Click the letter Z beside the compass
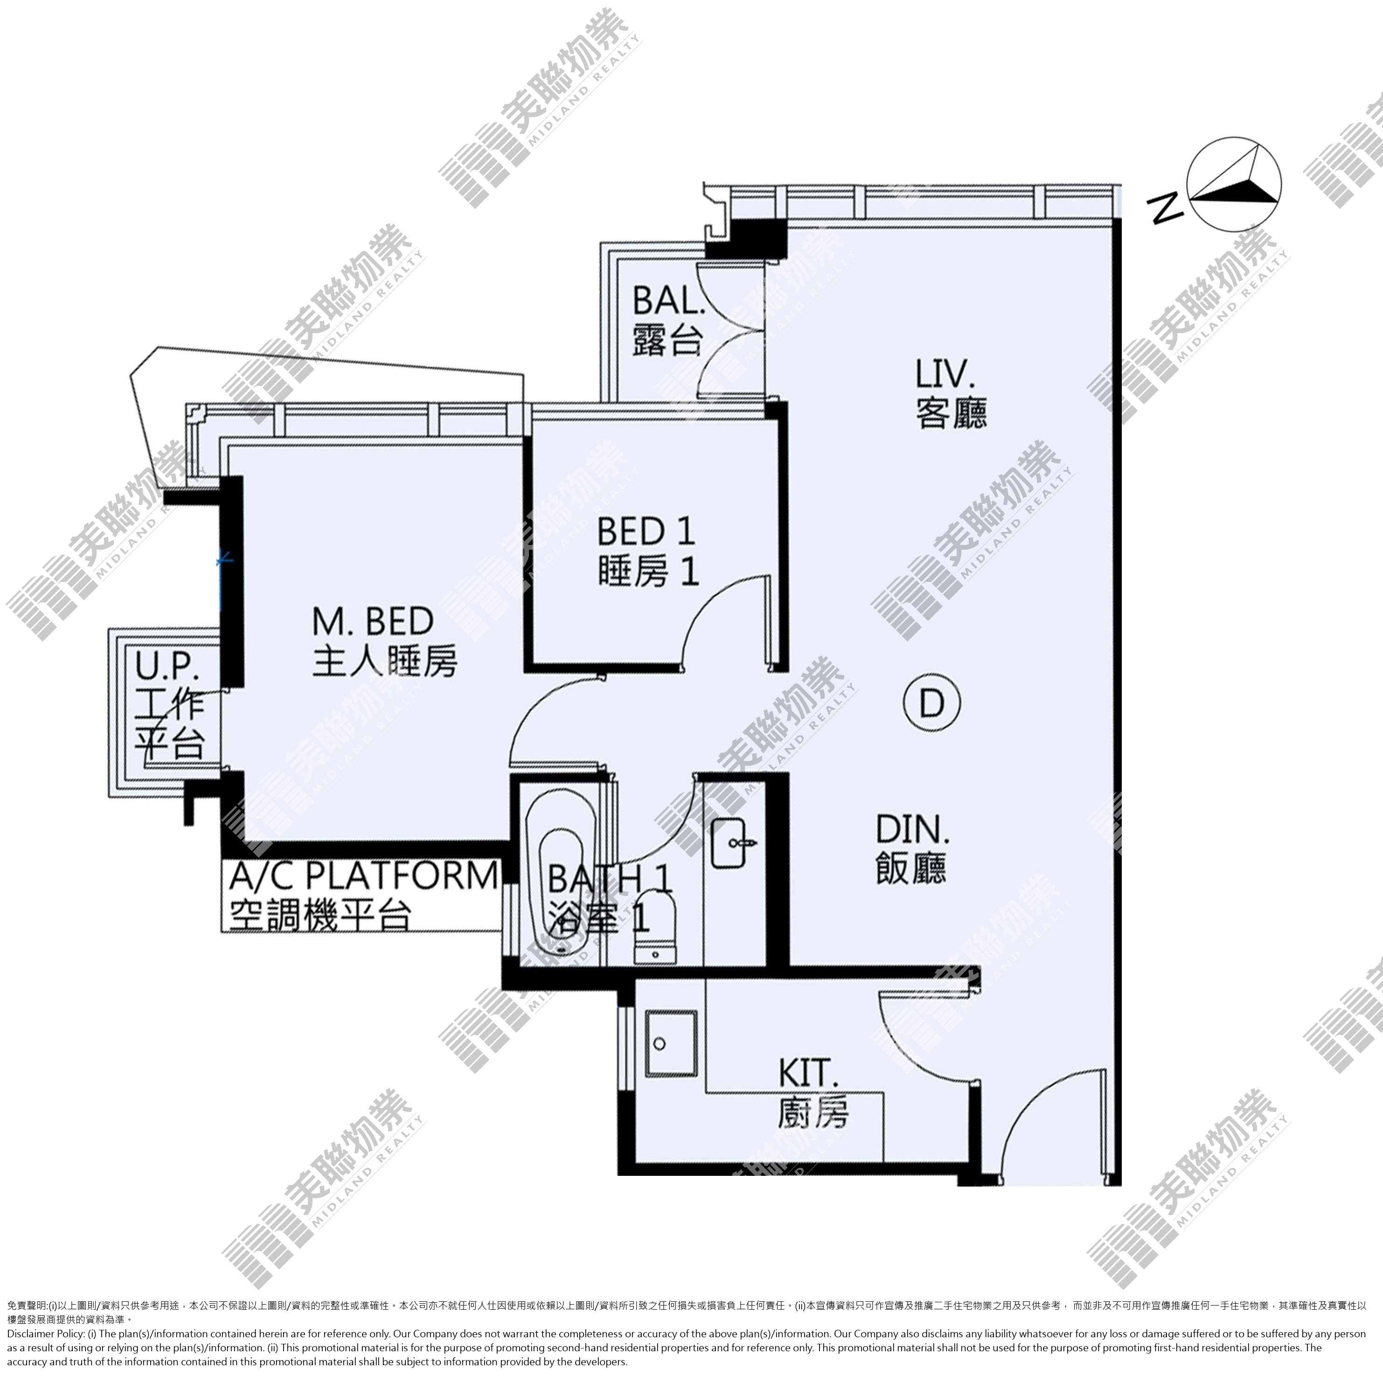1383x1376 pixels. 1165,208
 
